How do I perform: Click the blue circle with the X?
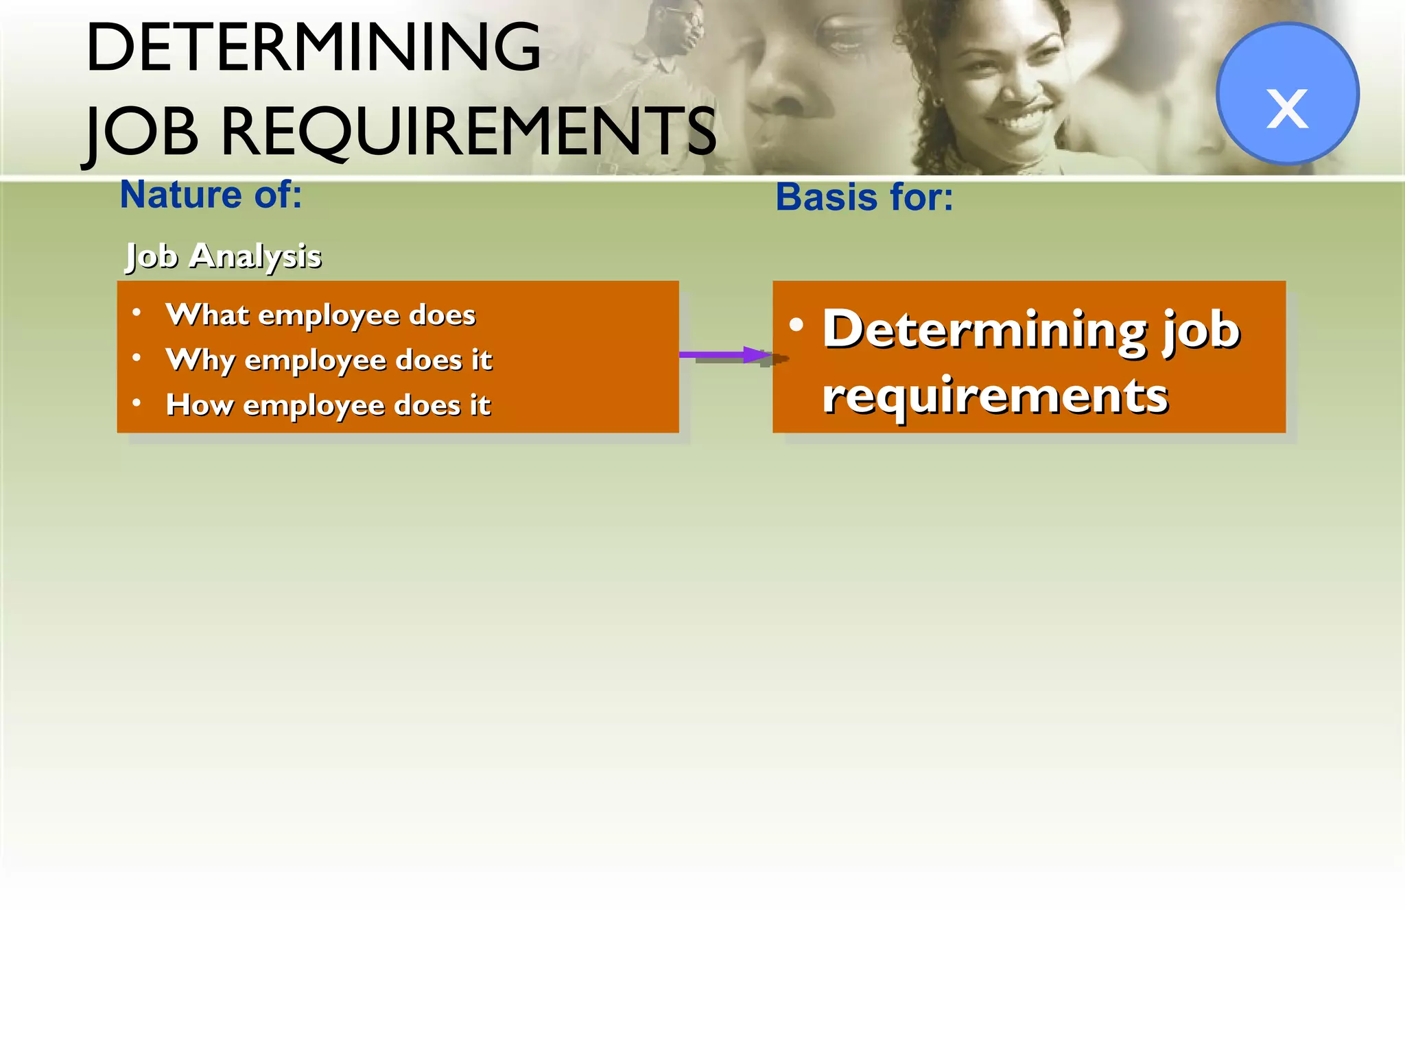click(x=1287, y=94)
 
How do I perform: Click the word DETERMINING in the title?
click(x=313, y=48)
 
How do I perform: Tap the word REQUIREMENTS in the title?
click(x=468, y=131)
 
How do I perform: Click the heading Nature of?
click(x=211, y=195)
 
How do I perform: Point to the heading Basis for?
click(x=864, y=197)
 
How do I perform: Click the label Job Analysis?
click(x=223, y=256)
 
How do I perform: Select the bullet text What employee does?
click(x=320, y=315)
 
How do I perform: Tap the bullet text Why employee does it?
click(x=329, y=359)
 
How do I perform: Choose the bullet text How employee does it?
click(x=328, y=404)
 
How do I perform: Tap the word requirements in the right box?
click(x=995, y=396)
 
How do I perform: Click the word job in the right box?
click(x=1201, y=331)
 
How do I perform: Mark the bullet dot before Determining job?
click(x=796, y=324)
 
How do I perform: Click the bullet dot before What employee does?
click(x=137, y=313)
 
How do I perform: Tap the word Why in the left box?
click(x=200, y=359)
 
